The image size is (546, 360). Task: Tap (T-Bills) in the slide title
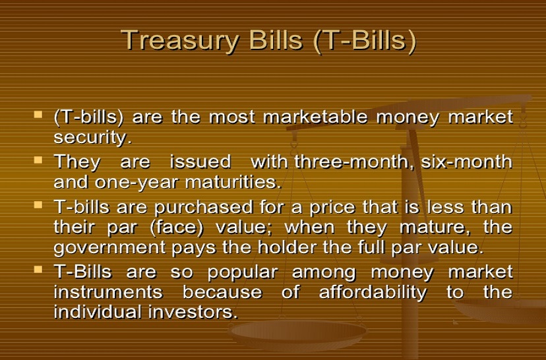(365, 41)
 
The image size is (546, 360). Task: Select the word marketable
(315, 117)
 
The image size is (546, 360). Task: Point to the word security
(92, 138)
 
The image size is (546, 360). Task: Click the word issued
(200, 162)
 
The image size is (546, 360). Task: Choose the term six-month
(467, 162)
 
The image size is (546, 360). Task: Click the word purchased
(204, 208)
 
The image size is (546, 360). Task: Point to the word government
(109, 248)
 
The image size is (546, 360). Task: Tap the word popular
(243, 272)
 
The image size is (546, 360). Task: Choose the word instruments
(108, 292)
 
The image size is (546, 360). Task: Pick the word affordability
(373, 293)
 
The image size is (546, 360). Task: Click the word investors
(193, 312)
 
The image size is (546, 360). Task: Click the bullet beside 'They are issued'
(38, 160)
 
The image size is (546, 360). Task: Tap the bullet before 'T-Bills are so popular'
(38, 269)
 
